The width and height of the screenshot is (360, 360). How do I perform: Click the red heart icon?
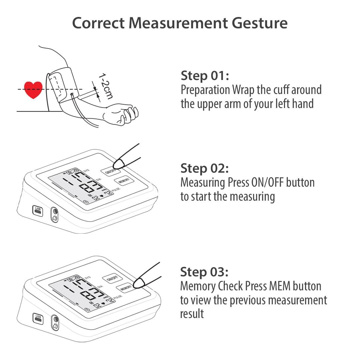pos(33,90)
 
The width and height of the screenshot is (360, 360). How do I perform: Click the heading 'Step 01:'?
pos(205,76)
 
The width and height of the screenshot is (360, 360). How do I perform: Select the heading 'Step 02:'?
pos(204,168)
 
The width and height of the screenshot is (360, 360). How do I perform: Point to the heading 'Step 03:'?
pos(204,272)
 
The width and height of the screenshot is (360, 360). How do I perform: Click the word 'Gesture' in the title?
pos(258,23)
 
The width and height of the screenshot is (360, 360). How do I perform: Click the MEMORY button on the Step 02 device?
pos(124,181)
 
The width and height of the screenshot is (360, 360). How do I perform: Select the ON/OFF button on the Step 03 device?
pos(112,278)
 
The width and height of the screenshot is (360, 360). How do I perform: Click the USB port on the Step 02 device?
pos(38,210)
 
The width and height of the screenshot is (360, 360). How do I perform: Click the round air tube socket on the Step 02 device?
pos(54,212)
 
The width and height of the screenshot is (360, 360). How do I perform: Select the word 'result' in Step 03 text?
pos(192,314)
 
